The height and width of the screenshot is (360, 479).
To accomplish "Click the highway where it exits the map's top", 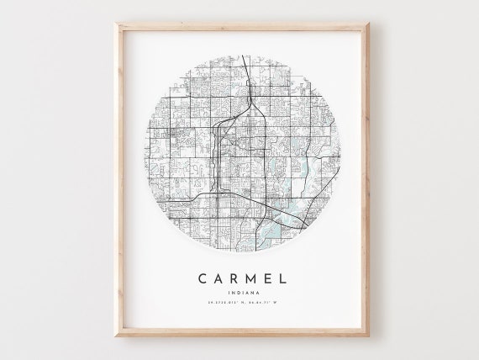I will tap(242, 56).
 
